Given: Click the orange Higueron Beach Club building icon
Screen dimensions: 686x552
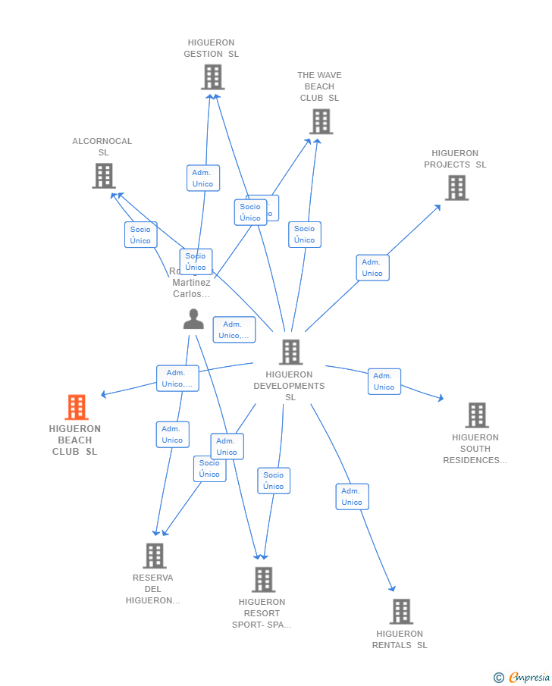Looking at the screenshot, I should [76, 407].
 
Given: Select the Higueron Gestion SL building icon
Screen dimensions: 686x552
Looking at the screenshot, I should [213, 77].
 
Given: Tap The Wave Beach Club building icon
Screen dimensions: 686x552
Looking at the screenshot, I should [321, 121].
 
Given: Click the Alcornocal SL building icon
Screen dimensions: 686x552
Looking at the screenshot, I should [104, 176].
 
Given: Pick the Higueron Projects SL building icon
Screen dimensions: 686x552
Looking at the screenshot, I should [456, 187].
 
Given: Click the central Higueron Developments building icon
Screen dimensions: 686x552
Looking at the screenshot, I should [290, 352].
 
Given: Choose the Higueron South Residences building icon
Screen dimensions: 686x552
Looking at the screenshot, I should [477, 415].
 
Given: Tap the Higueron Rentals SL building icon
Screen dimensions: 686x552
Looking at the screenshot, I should [401, 611].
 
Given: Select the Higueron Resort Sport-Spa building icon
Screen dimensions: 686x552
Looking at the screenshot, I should [263, 579].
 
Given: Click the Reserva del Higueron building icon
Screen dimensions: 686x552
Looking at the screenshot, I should [155, 556].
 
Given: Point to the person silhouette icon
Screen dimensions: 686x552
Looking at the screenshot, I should [193, 319].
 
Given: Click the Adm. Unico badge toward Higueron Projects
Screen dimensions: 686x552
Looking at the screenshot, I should [372, 268].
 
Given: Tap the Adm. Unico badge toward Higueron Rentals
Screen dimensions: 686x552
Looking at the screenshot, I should [352, 496].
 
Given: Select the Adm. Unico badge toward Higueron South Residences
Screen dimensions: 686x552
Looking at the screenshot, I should [384, 381].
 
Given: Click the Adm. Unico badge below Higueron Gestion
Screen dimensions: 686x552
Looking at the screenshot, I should [202, 178].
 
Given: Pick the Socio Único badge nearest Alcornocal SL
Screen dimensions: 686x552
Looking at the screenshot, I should [140, 235].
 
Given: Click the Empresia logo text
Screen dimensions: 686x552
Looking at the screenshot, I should [529, 678].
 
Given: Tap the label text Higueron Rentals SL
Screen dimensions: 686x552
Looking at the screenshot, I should [400, 640].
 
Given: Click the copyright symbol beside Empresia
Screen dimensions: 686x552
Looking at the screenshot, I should [499, 678].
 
